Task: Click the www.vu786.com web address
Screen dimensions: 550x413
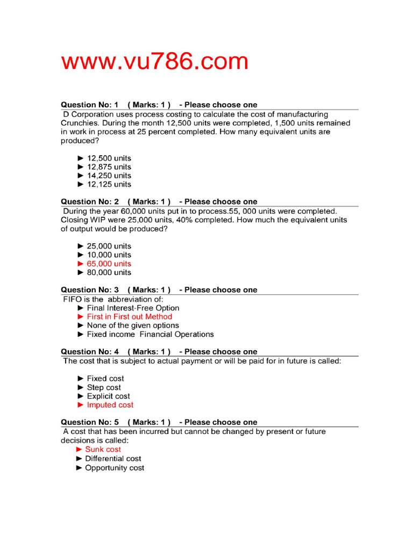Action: [x=155, y=62]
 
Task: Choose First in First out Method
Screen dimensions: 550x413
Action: [x=129, y=317]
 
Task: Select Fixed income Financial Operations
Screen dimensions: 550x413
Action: [x=150, y=334]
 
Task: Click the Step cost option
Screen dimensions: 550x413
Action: [x=104, y=387]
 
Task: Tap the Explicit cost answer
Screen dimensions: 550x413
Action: [x=108, y=396]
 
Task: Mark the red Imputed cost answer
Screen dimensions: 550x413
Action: [x=110, y=405]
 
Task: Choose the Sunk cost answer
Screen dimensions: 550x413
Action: [x=103, y=450]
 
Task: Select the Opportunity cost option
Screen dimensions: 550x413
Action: [x=115, y=468]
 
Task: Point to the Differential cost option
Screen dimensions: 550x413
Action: [x=113, y=459]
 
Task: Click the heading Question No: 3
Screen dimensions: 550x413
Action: [x=90, y=290]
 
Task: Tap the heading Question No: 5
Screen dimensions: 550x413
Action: [x=90, y=422]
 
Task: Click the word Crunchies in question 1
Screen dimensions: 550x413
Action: [x=79, y=123]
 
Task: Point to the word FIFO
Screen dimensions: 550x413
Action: [x=73, y=299]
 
